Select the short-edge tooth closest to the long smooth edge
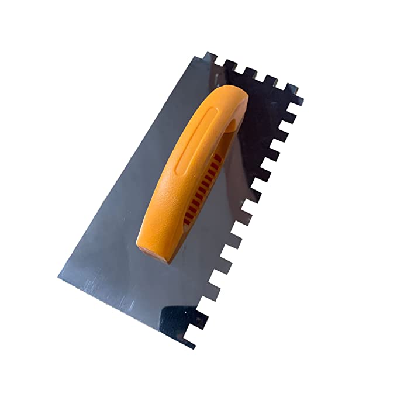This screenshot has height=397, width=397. (210, 58)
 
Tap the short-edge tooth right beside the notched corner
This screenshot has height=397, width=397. (291, 89)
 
